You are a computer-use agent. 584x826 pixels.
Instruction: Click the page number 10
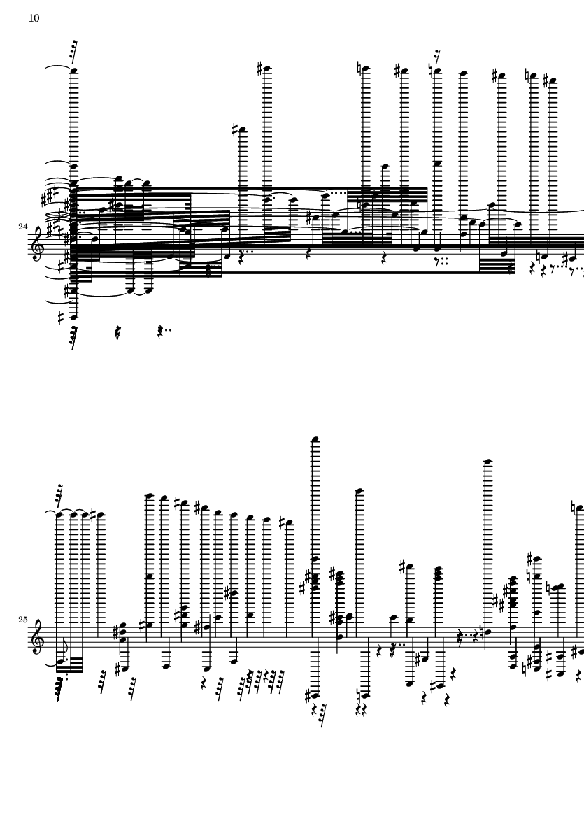tap(34, 18)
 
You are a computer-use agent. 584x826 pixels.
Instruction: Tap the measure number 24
tap(22, 227)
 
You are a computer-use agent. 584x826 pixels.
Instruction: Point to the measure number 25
tap(22, 620)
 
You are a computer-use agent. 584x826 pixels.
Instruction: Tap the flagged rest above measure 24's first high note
tap(73, 48)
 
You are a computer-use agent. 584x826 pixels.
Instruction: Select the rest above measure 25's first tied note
tap(59, 492)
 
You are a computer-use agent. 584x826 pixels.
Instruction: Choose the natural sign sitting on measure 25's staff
tap(480, 632)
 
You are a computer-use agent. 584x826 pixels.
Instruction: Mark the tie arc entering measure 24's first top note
tap(58, 67)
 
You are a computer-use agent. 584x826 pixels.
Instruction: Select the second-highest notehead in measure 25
tap(487, 462)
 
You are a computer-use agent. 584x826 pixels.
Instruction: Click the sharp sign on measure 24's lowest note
tap(61, 317)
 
